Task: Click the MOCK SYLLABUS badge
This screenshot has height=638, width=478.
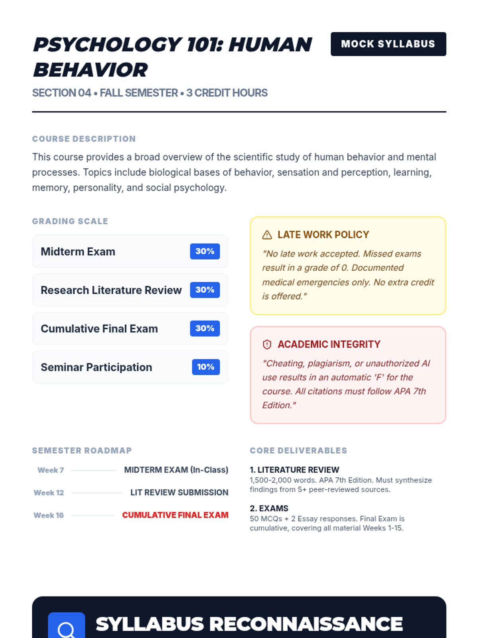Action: tap(388, 44)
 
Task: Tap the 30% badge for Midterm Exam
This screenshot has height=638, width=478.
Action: tap(205, 251)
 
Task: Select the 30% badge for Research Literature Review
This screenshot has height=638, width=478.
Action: tap(205, 290)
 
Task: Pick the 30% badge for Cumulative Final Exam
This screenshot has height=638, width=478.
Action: tap(205, 329)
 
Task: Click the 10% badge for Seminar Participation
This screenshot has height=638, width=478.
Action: tap(206, 367)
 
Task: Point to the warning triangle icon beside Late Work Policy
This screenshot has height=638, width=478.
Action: tap(267, 235)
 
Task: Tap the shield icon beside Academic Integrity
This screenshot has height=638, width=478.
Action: tap(267, 345)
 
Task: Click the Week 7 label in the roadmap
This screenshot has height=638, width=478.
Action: tap(51, 470)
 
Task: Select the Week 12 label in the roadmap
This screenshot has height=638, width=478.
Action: tap(49, 493)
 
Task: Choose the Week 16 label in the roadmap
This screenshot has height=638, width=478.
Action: tap(49, 515)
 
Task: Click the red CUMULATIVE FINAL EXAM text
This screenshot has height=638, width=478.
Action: tap(175, 515)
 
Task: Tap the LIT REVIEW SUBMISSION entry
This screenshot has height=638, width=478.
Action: tap(179, 493)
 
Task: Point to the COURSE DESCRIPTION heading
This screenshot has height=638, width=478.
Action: tap(84, 139)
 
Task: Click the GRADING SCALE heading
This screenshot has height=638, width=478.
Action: tap(70, 221)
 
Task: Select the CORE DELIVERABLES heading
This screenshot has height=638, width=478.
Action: tap(298, 451)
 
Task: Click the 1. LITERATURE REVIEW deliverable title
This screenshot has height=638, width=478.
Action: tap(294, 470)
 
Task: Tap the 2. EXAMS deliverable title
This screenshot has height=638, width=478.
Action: tap(269, 508)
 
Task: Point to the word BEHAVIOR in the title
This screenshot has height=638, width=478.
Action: tap(90, 70)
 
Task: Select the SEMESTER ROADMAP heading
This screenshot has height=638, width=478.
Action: tap(82, 451)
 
